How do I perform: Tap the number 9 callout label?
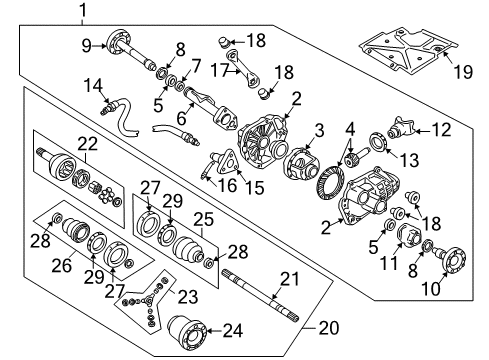click(x=86, y=44)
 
